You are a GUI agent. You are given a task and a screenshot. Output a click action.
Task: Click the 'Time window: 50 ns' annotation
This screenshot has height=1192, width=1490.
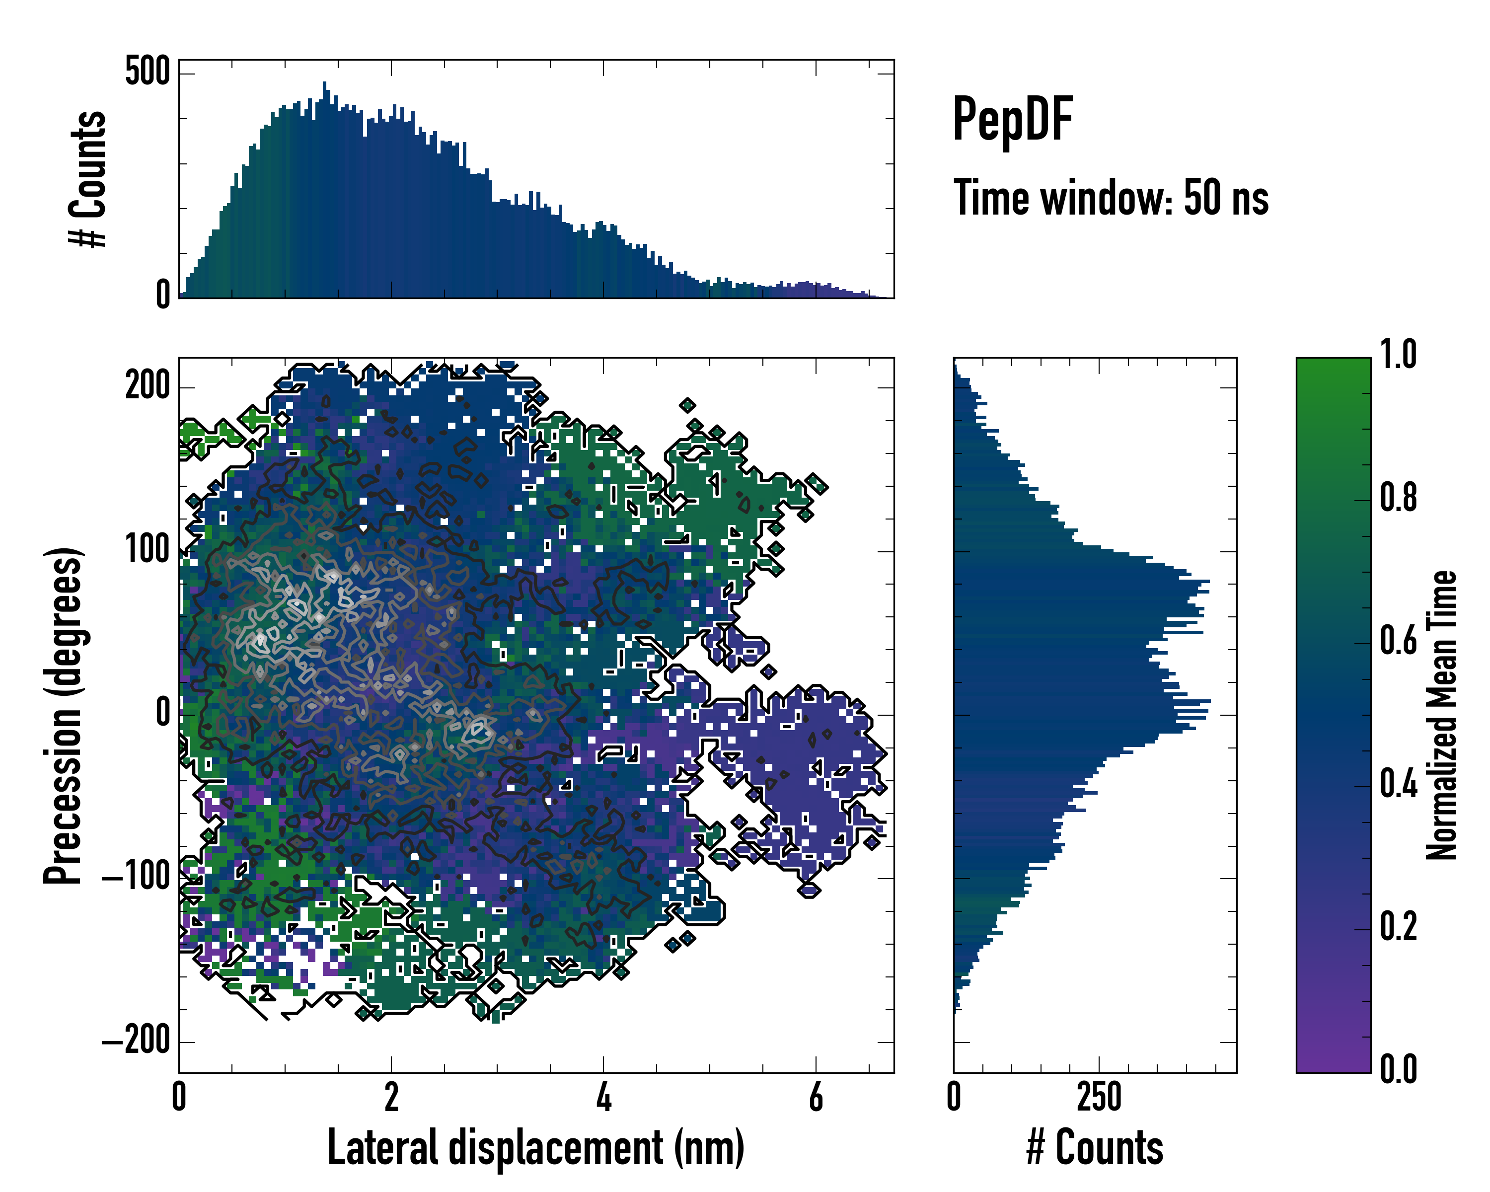point(1111,198)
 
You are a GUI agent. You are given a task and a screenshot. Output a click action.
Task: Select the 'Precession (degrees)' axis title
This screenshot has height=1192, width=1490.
point(64,715)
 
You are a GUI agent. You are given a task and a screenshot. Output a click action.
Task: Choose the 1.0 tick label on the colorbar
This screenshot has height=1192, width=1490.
point(1398,355)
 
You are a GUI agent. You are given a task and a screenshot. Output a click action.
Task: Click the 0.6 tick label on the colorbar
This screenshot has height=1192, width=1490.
point(1398,641)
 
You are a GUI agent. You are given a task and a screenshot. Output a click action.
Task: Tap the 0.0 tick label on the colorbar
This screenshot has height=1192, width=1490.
point(1398,1068)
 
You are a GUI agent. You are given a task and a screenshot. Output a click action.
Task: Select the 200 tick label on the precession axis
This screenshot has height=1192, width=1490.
point(147,385)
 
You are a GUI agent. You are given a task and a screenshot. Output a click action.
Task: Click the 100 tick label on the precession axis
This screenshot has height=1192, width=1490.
point(147,549)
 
